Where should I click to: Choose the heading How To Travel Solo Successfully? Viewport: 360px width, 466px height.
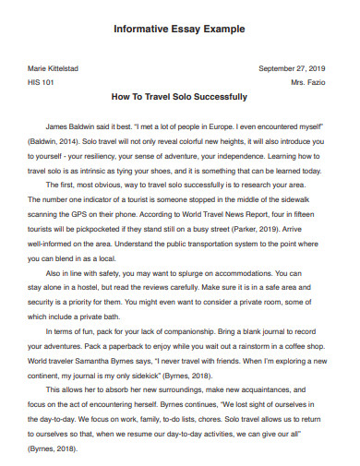coord(179,96)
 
